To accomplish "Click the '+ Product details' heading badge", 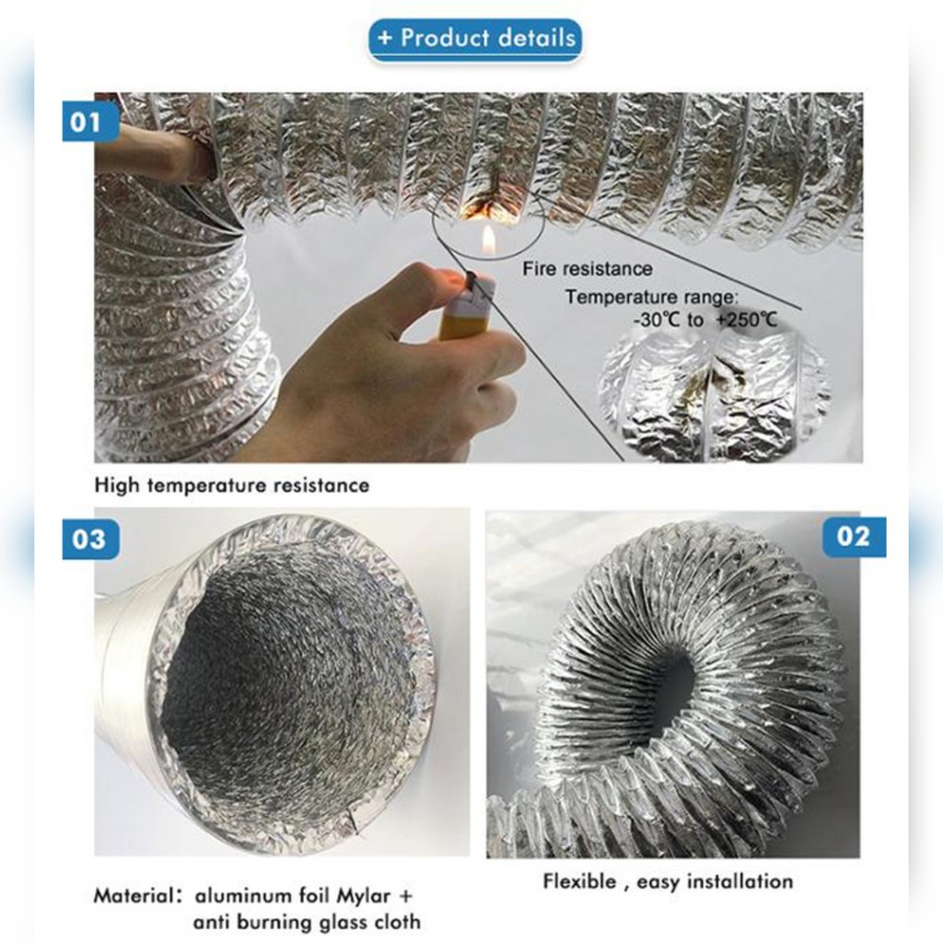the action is (x=474, y=40).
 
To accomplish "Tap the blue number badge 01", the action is (x=90, y=122).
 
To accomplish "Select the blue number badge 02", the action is (x=854, y=537).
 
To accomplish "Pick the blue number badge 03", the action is (x=90, y=539).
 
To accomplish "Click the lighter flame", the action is (x=489, y=242).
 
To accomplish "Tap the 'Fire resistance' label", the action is (x=587, y=268).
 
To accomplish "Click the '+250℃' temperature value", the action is (x=746, y=319).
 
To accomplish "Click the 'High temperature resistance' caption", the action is (x=231, y=484).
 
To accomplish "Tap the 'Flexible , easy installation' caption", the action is (x=668, y=881).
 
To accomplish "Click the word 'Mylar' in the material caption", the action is (x=363, y=896).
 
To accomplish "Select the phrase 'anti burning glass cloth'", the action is (x=307, y=922).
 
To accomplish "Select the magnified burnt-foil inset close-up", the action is (x=716, y=394).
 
